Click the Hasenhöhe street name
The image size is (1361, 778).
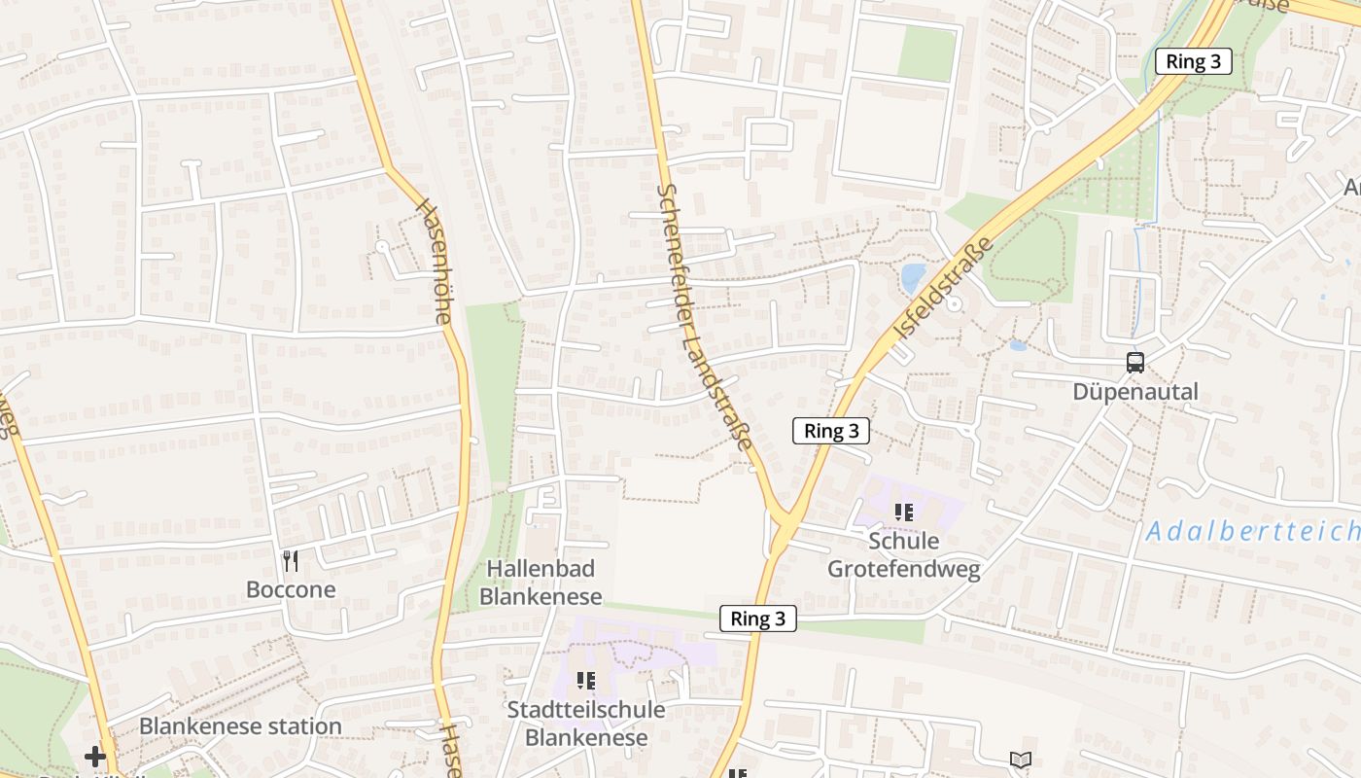point(435,261)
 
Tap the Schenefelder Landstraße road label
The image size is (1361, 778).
point(705,317)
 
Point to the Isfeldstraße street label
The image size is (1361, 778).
point(944,287)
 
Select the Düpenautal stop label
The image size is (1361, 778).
point(1135,392)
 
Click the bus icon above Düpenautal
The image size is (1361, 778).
point(1135,363)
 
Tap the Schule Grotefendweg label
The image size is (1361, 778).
point(903,554)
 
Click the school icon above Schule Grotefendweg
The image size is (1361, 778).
point(904,512)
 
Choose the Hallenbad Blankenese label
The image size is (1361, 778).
point(541,582)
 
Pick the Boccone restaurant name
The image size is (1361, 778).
point(291,589)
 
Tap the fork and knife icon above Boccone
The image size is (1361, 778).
point(290,560)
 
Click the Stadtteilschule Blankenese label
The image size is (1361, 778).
point(586,723)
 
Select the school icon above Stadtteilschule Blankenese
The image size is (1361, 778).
point(585,680)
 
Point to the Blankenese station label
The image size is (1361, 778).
point(240,725)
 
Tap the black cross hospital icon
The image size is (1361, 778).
point(94,756)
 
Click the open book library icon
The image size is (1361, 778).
point(1020,760)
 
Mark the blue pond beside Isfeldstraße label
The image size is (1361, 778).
point(914,278)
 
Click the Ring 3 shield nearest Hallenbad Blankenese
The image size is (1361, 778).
point(758,619)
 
